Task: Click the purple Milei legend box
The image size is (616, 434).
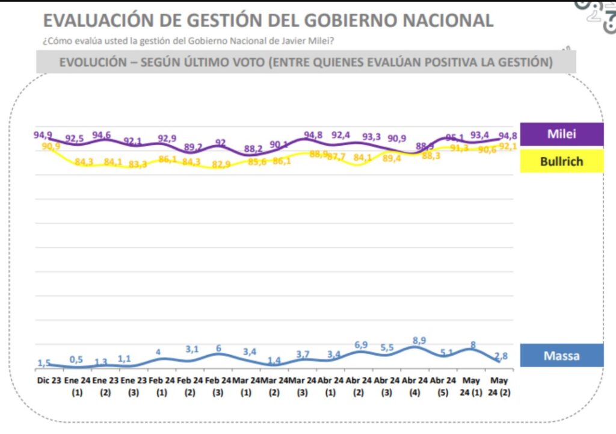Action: point(561,134)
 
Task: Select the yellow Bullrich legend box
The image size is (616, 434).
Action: point(561,161)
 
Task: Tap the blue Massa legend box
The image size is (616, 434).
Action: point(561,355)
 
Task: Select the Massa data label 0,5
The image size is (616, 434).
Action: point(76,359)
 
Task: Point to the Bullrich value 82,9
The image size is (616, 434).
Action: point(221,164)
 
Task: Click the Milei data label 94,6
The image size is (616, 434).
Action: point(102,135)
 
